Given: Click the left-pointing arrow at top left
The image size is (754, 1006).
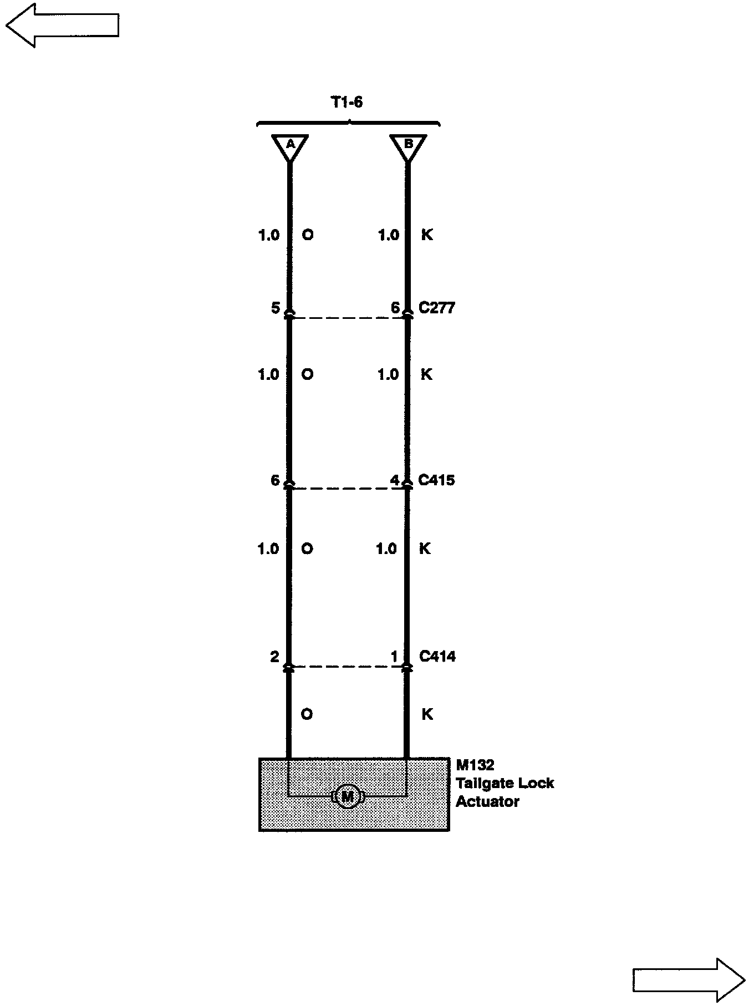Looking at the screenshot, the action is tap(62, 26).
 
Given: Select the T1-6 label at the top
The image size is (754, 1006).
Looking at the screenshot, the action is tap(347, 103).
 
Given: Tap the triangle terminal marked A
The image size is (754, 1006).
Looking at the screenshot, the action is tap(290, 145).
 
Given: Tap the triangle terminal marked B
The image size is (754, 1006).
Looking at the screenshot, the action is tap(409, 145).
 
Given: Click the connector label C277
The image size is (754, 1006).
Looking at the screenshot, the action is tap(437, 308).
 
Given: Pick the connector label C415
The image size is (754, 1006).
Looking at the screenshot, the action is tap(436, 480).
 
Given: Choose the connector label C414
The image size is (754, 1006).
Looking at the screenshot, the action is tap(437, 657).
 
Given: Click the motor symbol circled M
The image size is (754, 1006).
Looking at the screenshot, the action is tap(347, 797).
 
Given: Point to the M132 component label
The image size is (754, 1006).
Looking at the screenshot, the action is tap(475, 765).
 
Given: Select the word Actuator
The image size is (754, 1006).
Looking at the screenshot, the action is tap(487, 802).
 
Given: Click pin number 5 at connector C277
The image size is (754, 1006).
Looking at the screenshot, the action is tap(276, 308).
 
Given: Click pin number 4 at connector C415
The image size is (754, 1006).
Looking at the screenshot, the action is tap(395, 480).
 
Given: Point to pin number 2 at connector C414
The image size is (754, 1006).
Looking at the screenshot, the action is tap(274, 657).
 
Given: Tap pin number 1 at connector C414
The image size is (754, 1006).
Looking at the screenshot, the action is tap(395, 657).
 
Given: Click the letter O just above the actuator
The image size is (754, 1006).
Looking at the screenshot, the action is tap(307, 714).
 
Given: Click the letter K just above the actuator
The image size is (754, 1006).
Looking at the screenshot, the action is tap(427, 714).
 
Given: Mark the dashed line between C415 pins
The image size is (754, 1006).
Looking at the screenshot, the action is tap(348, 489).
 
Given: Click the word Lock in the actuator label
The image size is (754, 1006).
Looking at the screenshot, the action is tap(537, 784).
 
